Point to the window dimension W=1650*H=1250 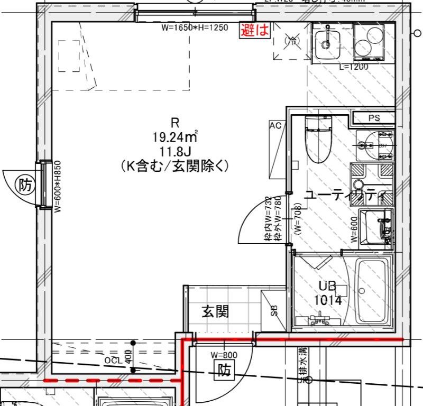point(196,27)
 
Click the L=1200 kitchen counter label point(353,67)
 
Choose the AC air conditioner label point(275,126)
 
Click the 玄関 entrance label point(216,312)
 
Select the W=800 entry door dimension point(224,355)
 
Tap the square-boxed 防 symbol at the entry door point(224,372)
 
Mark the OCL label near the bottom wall point(113,360)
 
